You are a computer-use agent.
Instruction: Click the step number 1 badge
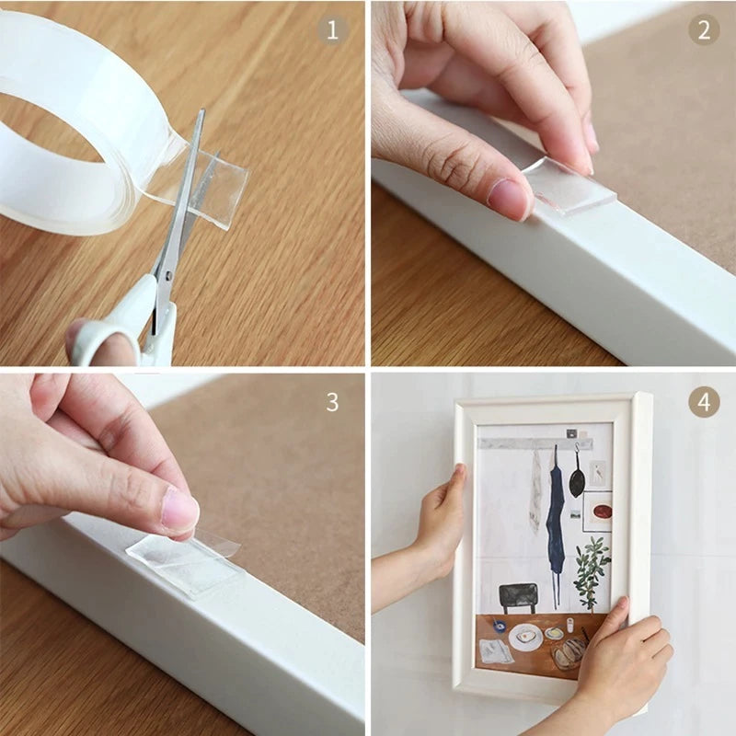(333, 29)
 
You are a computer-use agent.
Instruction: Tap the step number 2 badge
(703, 29)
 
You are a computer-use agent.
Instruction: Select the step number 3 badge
(333, 402)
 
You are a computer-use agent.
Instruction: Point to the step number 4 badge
(703, 402)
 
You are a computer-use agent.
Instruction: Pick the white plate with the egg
(525, 638)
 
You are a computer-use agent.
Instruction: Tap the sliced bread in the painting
(569, 651)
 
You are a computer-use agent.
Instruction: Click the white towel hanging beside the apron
(535, 492)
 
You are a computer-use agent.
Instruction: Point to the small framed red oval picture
(597, 511)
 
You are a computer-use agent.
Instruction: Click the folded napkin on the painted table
(496, 651)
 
